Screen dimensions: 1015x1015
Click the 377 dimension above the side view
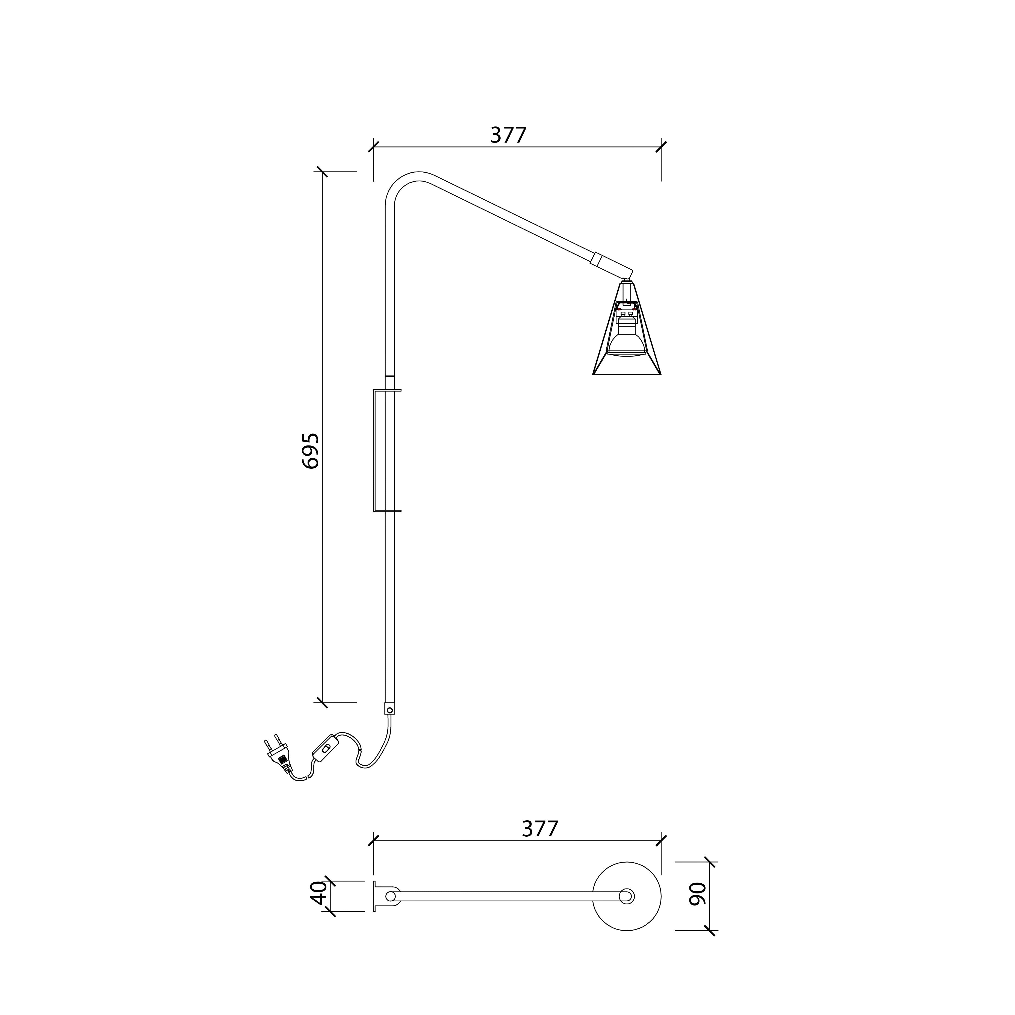coord(508,135)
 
